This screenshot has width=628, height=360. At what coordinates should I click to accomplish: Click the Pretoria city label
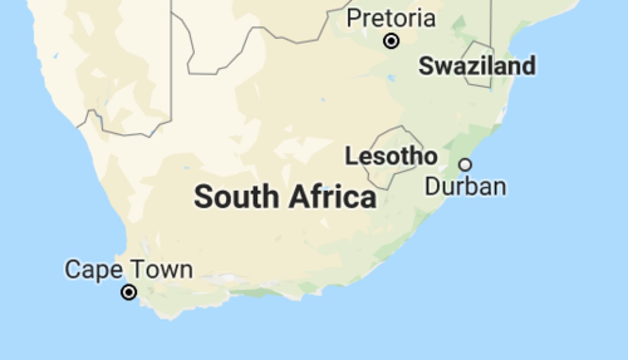pyautogui.click(x=391, y=19)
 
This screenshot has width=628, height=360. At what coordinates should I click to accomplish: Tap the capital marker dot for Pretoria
pyautogui.click(x=391, y=41)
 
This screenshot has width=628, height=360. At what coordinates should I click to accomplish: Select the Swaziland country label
pyautogui.click(x=477, y=66)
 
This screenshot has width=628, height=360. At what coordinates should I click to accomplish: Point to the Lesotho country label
pyautogui.click(x=391, y=156)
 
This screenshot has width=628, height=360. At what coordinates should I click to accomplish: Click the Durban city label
pyautogui.click(x=465, y=187)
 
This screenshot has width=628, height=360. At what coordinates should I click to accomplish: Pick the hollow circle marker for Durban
pyautogui.click(x=465, y=165)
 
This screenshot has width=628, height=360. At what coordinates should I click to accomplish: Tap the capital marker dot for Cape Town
pyautogui.click(x=129, y=292)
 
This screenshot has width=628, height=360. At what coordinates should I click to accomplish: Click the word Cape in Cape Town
pyautogui.click(x=94, y=270)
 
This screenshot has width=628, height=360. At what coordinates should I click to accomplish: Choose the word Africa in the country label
pyautogui.click(x=332, y=197)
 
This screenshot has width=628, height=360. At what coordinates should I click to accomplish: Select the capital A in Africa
pyautogui.click(x=299, y=197)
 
